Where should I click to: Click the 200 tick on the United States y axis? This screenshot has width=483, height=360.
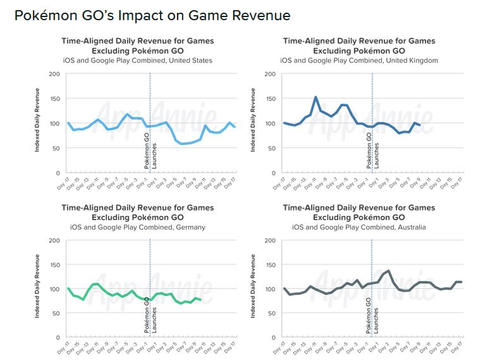point(55,74)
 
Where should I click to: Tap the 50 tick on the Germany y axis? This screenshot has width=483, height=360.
point(56,313)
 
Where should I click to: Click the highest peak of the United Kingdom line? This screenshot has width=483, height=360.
point(315,97)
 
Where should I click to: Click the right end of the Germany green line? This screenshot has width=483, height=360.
point(201,299)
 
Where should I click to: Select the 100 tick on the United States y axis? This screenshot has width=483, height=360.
point(55,123)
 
